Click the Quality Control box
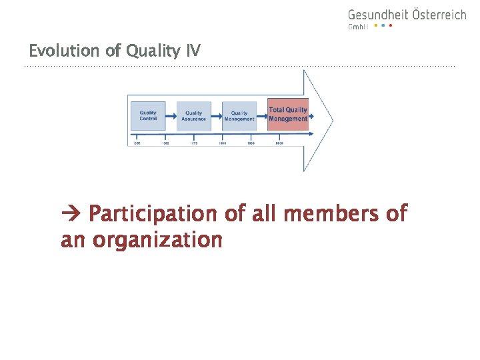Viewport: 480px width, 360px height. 148,115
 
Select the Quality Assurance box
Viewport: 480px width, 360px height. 193,116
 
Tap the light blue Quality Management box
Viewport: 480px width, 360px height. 239,116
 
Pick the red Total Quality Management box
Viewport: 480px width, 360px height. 288,114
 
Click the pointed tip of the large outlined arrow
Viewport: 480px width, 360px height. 331,121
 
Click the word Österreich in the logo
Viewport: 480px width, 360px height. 438,14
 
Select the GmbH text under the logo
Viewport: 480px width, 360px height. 358,27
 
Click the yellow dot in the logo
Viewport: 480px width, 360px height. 375,26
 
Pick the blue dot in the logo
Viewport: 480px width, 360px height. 383,26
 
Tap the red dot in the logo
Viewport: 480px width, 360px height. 390,26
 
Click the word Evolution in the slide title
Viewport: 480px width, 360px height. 58,51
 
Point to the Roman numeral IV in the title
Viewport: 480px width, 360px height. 193,51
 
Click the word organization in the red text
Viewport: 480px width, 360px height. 157,239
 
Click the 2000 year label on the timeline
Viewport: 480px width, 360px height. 279,143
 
